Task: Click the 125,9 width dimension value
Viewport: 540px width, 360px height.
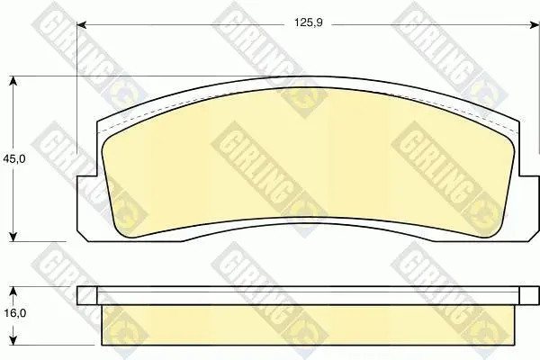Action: (308, 22)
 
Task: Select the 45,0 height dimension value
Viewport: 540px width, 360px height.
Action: (13, 158)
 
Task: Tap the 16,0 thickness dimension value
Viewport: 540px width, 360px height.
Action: (14, 313)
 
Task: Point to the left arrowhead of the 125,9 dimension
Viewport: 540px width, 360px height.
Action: (81, 25)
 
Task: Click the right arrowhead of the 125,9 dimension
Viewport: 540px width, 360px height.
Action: (535, 25)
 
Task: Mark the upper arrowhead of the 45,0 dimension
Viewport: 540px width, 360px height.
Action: (13, 81)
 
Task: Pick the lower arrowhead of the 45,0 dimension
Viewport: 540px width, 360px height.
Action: (13, 237)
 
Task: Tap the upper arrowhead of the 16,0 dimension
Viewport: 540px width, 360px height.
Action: (13, 292)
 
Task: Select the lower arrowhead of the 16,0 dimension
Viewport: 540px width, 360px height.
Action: (13, 340)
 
